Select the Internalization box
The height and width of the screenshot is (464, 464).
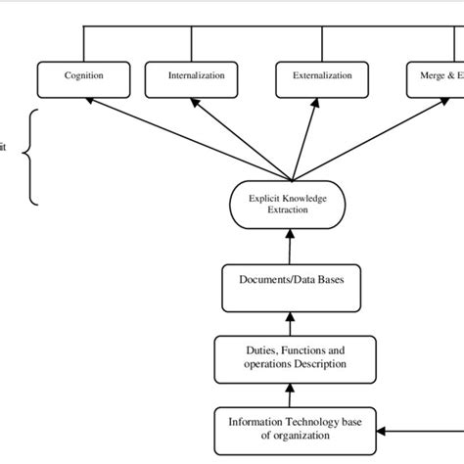click(x=196, y=76)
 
